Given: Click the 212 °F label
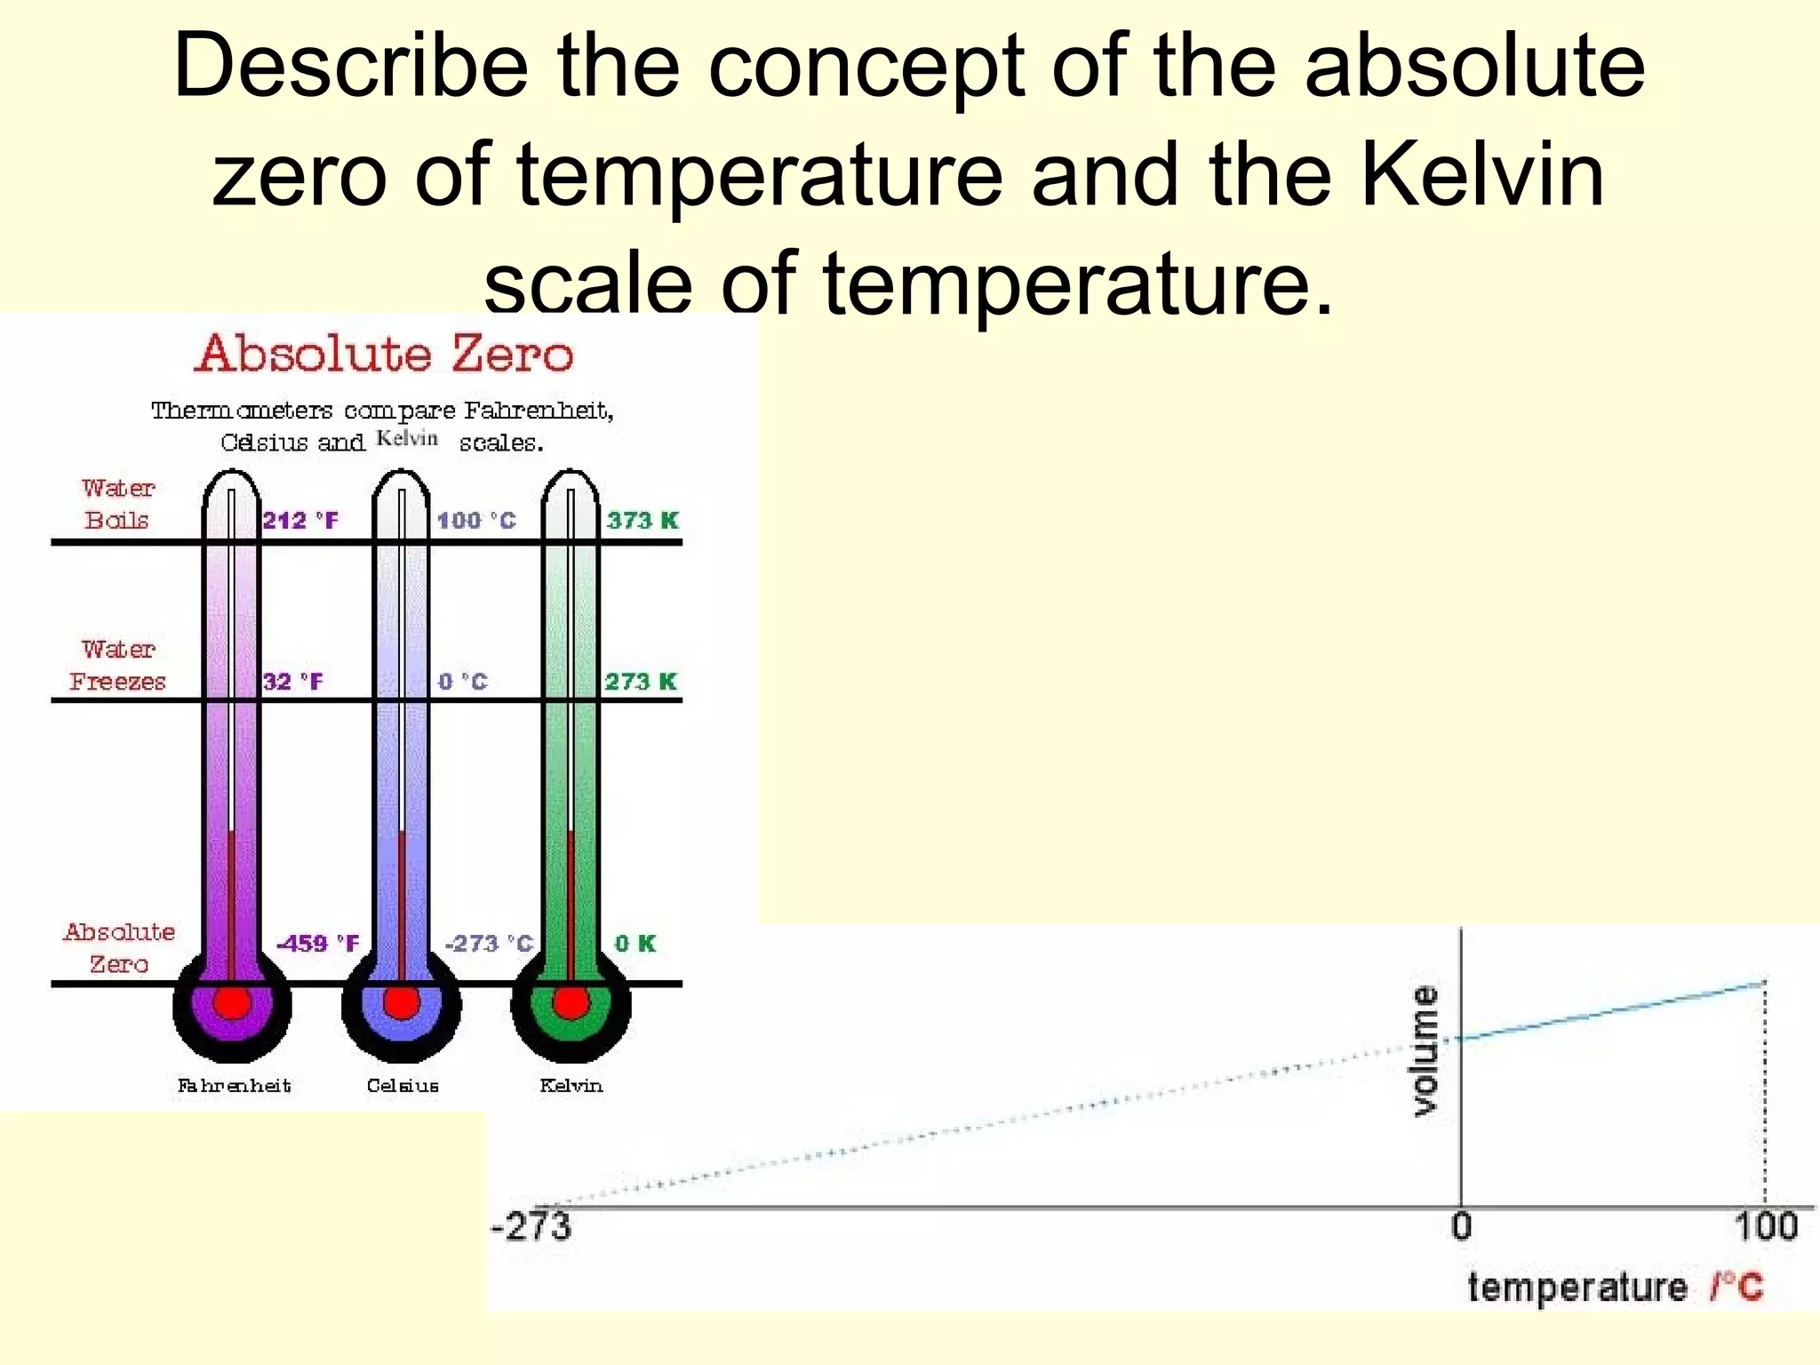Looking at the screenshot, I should [x=300, y=520].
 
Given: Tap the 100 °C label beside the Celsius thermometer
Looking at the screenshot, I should [x=476, y=520].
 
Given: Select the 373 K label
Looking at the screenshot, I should [x=643, y=520].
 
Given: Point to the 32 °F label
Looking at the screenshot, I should [x=293, y=682].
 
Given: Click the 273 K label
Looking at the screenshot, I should [x=641, y=682].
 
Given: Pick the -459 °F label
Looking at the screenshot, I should [x=318, y=943].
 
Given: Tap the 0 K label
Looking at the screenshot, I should [x=635, y=943].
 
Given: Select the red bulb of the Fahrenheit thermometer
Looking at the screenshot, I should [x=232, y=1003].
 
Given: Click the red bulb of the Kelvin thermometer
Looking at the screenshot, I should [x=571, y=1003].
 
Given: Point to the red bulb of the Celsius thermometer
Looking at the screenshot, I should [x=402, y=1003].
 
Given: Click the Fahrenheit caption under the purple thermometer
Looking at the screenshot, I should [x=235, y=1085].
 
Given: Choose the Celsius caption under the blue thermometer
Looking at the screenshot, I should [x=403, y=1085].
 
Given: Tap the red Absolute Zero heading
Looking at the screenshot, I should [x=384, y=354].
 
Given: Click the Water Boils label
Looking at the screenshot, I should [x=118, y=504].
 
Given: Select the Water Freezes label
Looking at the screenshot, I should [x=118, y=666].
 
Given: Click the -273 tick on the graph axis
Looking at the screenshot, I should [x=531, y=1226].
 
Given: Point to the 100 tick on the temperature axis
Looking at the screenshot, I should [x=1766, y=1226].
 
